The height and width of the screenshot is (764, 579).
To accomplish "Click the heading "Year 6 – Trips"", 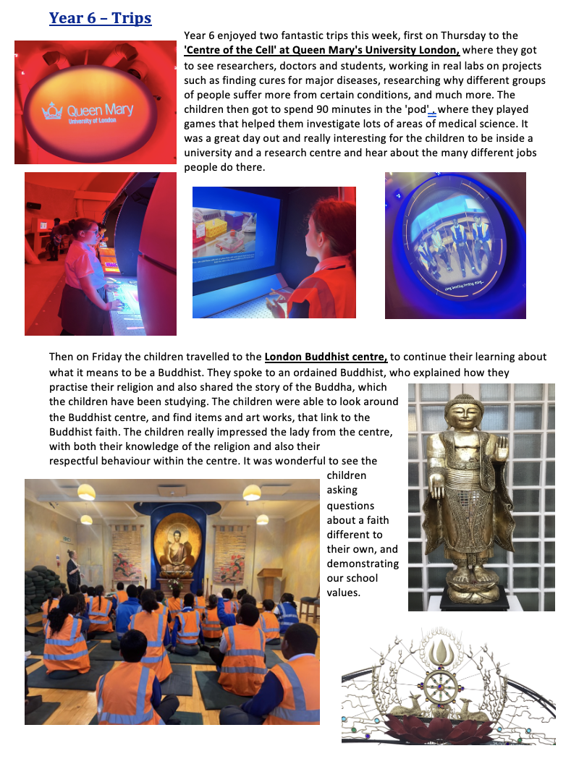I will point(100,18).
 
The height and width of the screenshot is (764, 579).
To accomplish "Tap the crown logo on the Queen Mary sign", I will point(52,111).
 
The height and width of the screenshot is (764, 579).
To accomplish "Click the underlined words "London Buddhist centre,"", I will point(326,357).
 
